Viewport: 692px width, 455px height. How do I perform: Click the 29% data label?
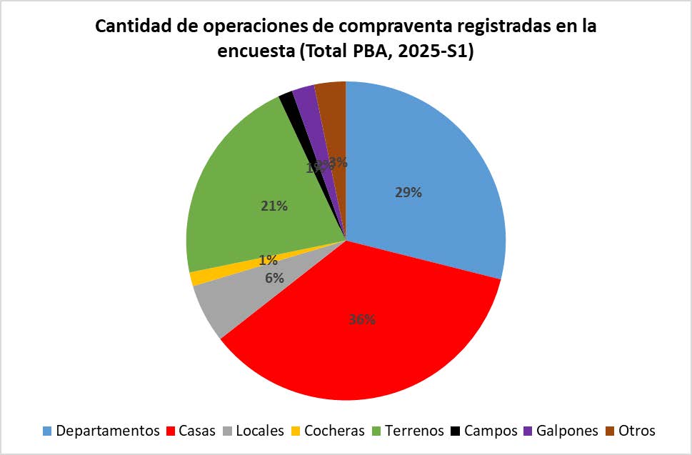(x=408, y=192)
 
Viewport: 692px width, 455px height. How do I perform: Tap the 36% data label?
(x=362, y=319)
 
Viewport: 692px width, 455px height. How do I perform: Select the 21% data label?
(x=274, y=206)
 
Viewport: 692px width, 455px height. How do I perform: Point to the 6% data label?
(x=274, y=279)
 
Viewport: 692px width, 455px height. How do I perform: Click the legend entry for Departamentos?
(x=101, y=431)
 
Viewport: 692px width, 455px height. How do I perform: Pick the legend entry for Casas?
(x=193, y=431)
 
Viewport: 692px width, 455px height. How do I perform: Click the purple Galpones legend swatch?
(x=529, y=431)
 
